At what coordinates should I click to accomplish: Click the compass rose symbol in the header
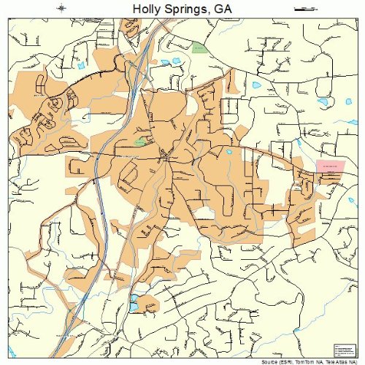click(x=61, y=8)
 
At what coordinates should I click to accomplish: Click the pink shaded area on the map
click(x=330, y=166)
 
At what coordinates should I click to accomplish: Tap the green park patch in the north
click(x=199, y=47)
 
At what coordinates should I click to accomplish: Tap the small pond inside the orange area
click(x=228, y=152)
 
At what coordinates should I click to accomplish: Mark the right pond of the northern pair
click(x=178, y=63)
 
